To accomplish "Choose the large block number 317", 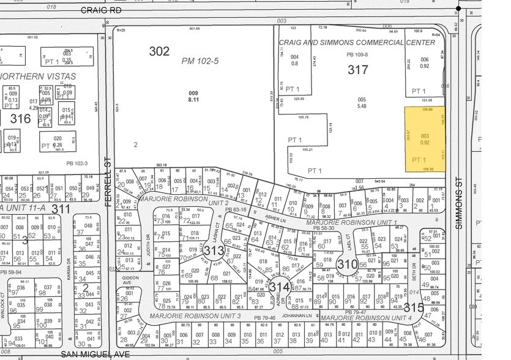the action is (x=358, y=70).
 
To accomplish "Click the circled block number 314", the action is (x=279, y=287).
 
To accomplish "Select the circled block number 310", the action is (x=347, y=265).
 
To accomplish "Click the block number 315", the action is (x=414, y=307).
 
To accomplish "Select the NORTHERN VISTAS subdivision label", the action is (x=38, y=77).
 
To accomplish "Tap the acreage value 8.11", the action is (x=193, y=99).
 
